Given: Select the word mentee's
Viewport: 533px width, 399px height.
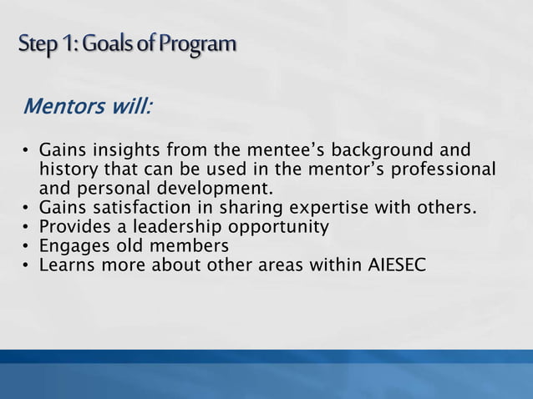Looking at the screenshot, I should [x=282, y=151].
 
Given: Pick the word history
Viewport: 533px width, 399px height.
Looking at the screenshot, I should [x=70, y=169].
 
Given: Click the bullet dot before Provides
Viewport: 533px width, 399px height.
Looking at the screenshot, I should [x=26, y=227].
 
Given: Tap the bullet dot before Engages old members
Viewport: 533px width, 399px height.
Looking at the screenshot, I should [x=26, y=246].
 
